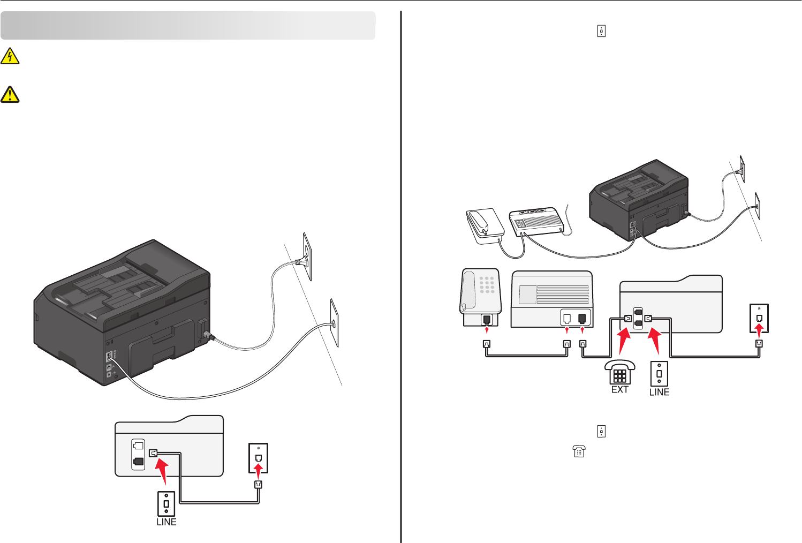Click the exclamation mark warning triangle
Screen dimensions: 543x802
pos(10,94)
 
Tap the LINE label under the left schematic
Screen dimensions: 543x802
pos(166,522)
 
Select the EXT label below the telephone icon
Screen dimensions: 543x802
pos(619,390)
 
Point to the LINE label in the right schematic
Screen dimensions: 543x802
pos(659,392)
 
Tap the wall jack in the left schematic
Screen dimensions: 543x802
pos(259,458)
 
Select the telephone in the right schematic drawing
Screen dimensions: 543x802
pos(480,298)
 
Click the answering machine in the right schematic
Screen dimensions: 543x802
pos(551,299)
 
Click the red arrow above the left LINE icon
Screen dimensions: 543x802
pos(161,474)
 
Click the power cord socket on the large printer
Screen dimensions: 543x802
pos(203,329)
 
